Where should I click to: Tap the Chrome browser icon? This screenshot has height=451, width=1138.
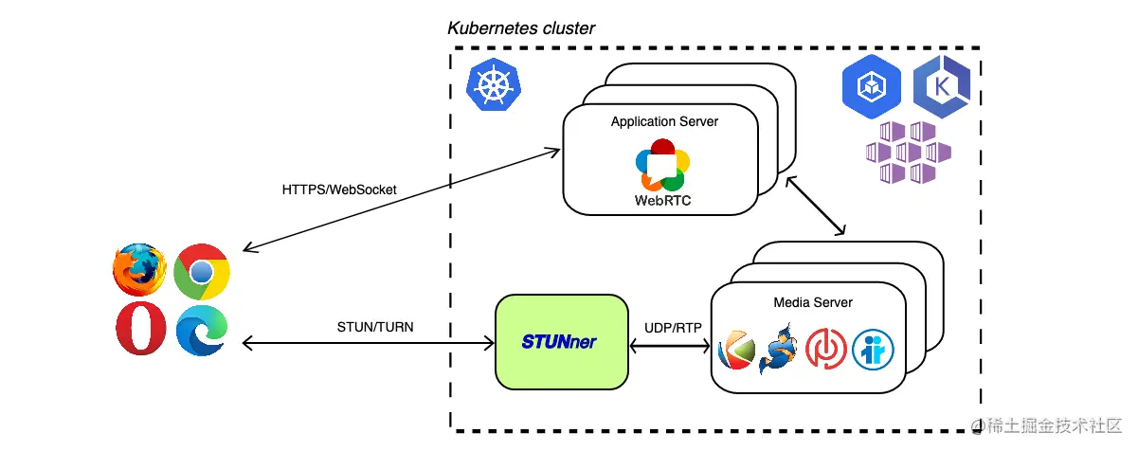click(x=201, y=273)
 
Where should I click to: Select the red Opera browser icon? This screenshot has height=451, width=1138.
click(x=141, y=330)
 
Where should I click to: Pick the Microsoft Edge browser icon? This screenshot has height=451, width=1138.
click(x=201, y=330)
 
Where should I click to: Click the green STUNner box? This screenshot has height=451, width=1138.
click(x=562, y=342)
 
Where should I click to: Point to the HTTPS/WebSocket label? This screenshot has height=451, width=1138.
click(x=339, y=189)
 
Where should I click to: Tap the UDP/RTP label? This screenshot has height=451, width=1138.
click(x=673, y=328)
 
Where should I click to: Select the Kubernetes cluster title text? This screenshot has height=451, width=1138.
click(x=521, y=28)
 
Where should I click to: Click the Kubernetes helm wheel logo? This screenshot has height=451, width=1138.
click(x=493, y=86)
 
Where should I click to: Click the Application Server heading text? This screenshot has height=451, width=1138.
click(x=664, y=122)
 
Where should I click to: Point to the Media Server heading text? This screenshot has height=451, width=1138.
click(x=813, y=302)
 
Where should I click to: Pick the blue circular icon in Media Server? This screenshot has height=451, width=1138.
click(x=873, y=349)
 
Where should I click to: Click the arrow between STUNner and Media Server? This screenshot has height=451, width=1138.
click(x=670, y=347)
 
